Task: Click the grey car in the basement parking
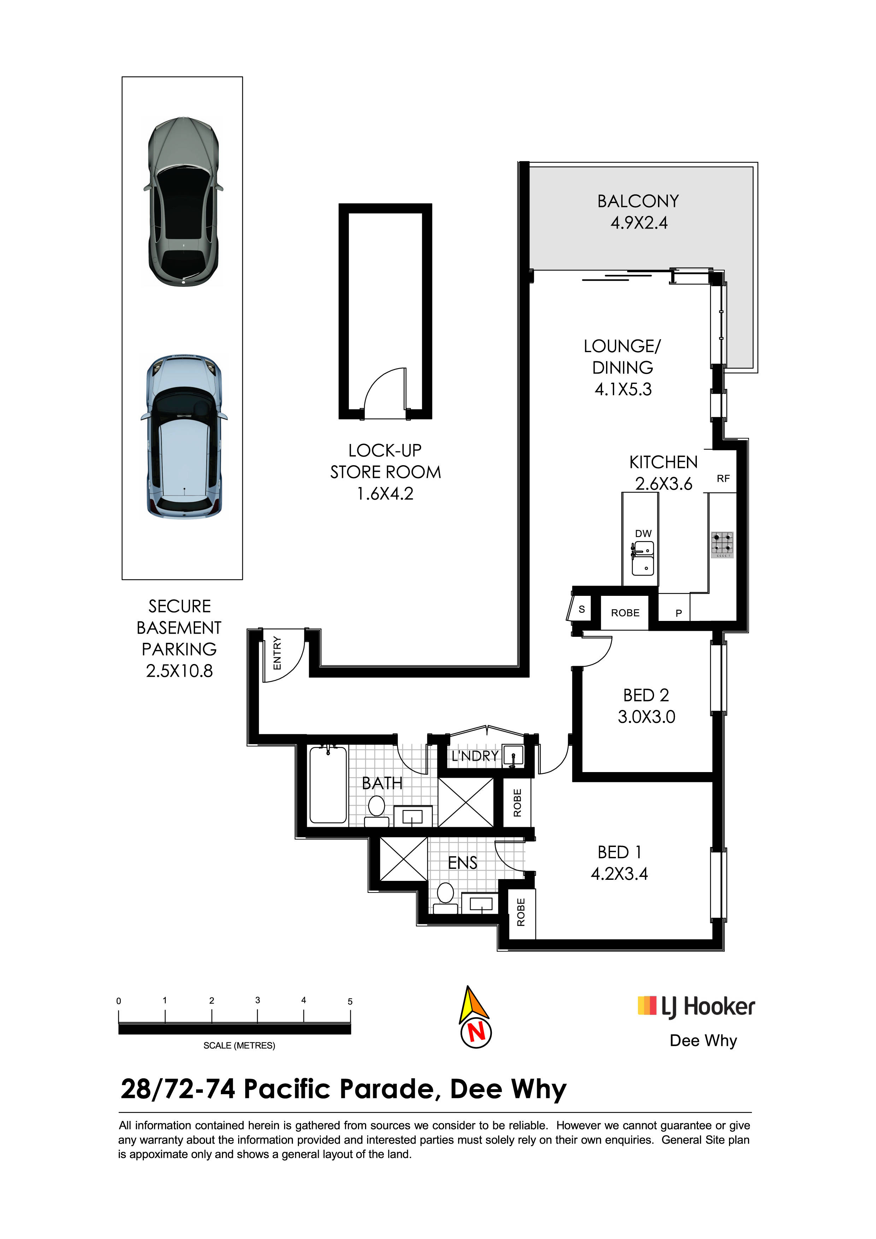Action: [183, 201]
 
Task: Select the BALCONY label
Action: [638, 201]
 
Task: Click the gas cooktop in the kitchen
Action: [722, 545]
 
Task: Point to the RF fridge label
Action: [723, 479]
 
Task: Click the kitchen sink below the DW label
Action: [643, 558]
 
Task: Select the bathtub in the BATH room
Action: [328, 785]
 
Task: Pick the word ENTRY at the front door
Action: [277, 653]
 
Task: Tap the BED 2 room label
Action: [646, 695]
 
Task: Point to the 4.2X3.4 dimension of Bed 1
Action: [619, 874]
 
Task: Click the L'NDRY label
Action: [475, 756]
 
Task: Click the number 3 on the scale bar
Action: [258, 1000]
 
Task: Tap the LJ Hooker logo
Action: [696, 1007]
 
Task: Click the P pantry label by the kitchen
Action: [679, 613]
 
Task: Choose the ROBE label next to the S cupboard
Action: [625, 613]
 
